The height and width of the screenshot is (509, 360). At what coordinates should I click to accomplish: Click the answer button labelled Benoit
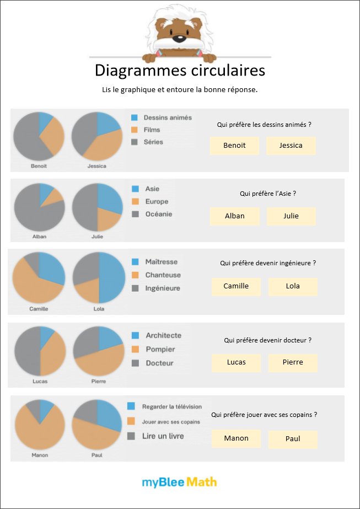(234, 146)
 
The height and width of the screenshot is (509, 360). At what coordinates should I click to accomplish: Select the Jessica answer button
(291, 146)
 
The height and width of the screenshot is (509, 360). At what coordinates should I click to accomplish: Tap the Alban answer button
(235, 216)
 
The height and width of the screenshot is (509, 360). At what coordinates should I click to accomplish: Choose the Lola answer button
(293, 286)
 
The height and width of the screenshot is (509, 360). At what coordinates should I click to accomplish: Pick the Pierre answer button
(293, 362)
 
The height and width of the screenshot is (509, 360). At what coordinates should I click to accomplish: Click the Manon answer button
(236, 438)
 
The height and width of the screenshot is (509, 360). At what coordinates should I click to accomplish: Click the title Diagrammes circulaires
(180, 71)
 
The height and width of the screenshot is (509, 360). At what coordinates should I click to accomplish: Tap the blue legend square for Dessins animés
(134, 117)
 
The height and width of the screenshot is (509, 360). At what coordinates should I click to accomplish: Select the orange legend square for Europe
(134, 202)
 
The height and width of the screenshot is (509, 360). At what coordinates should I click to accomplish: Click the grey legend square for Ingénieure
(135, 288)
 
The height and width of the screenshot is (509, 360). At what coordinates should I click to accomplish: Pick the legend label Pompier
(160, 349)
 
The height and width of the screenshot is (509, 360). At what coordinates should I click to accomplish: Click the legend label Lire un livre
(163, 436)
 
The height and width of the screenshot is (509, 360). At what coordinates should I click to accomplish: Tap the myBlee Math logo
(179, 483)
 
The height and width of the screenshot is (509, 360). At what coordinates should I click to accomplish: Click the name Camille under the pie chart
(39, 309)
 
